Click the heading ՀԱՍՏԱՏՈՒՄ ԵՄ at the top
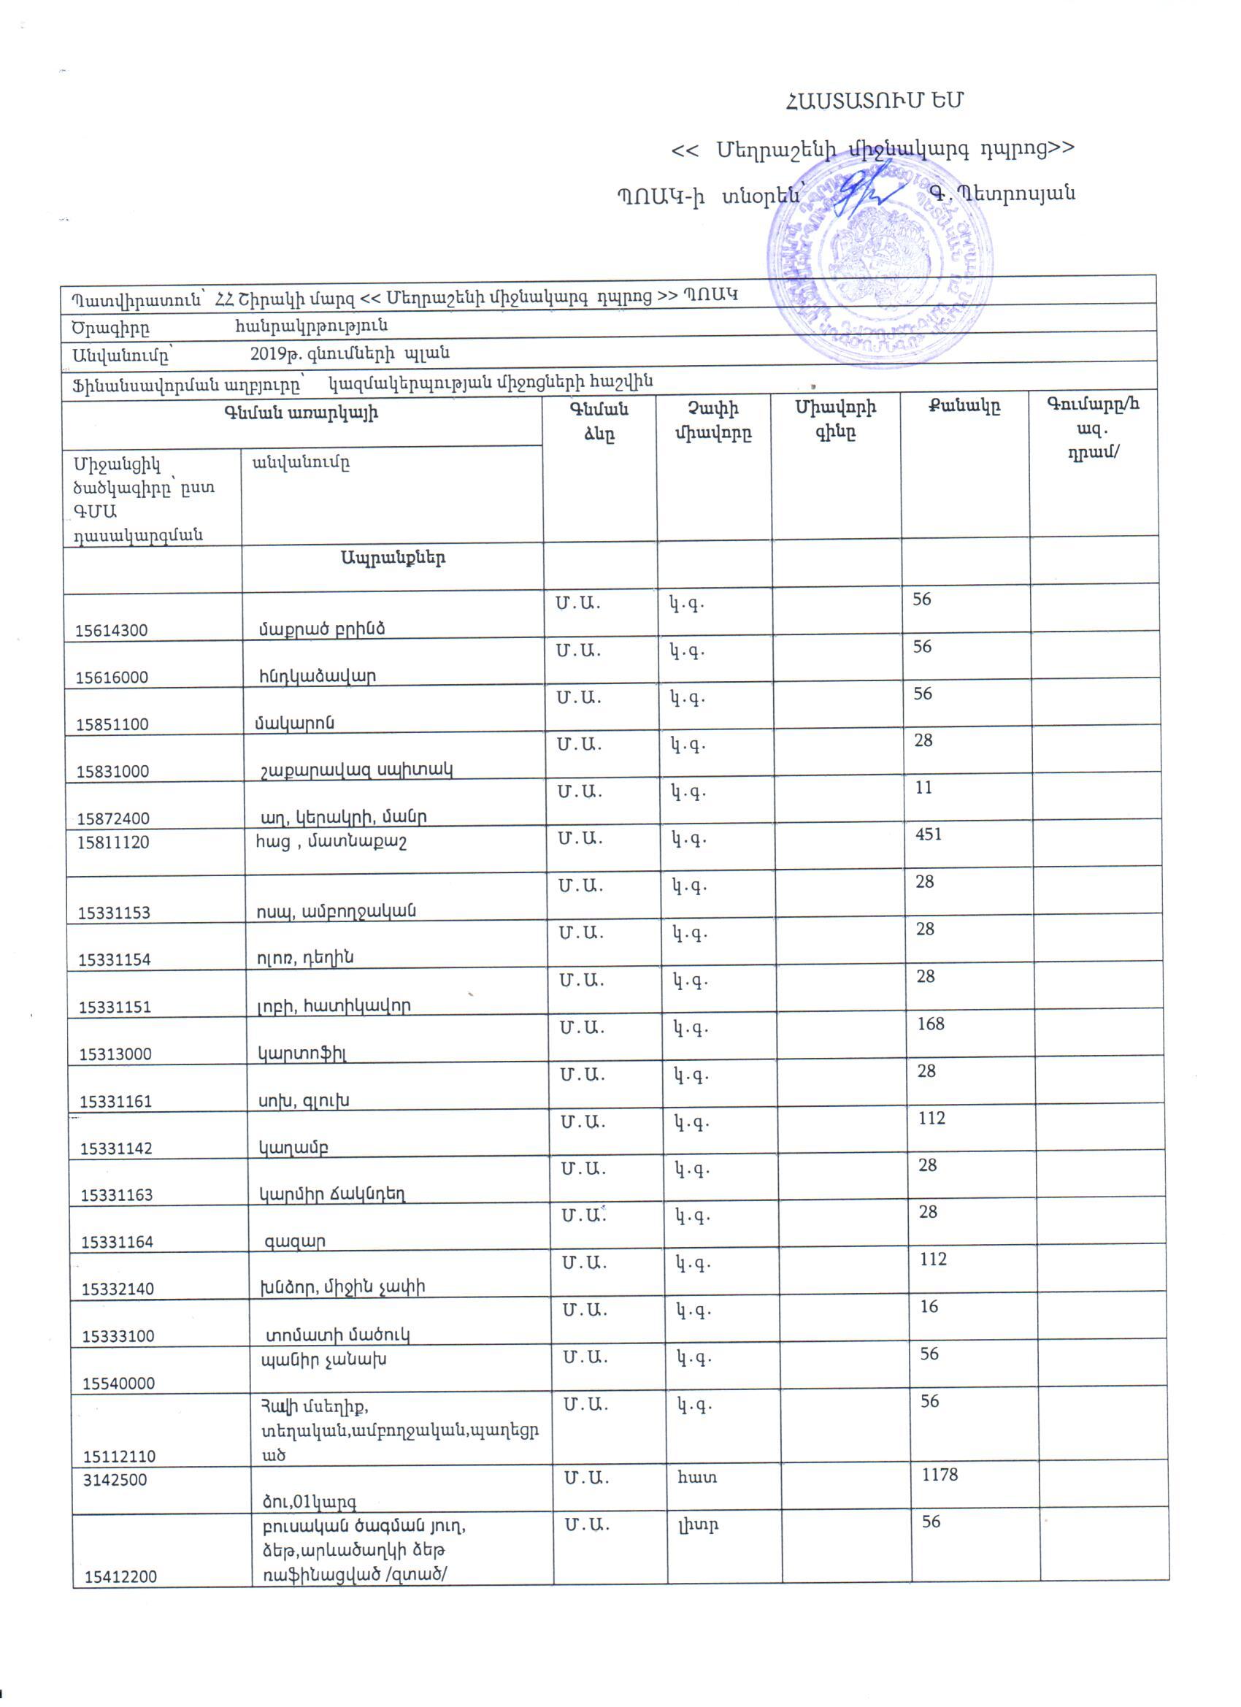pos(874,101)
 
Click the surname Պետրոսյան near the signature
pos(1011,193)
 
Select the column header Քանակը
pos(964,407)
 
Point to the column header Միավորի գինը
pos(835,420)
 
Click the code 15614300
pos(112,631)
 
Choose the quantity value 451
pos(928,834)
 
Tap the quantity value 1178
pos(940,1474)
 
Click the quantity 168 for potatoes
pos(930,1024)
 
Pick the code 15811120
pos(113,843)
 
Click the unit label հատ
pos(698,1478)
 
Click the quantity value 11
pos(923,787)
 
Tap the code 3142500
pos(115,1480)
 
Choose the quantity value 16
pos(929,1307)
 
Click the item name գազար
pos(294,1242)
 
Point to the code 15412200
pos(120,1577)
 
